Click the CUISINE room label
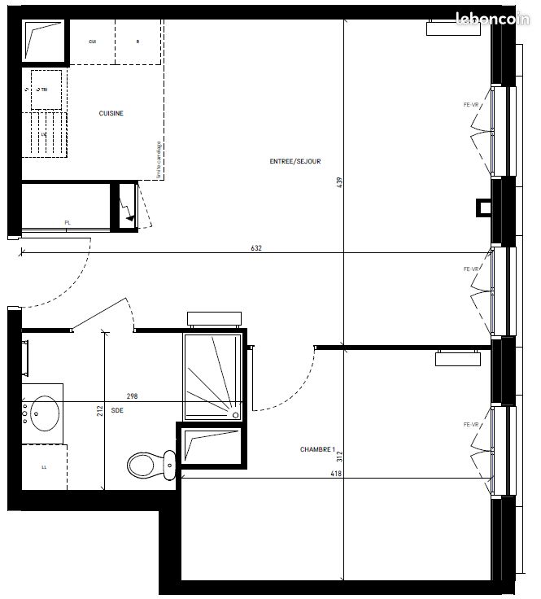tap(111, 114)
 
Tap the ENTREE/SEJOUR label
tap(295, 161)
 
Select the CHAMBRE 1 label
tap(317, 449)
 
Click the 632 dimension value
tap(257, 248)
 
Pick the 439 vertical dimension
tap(340, 183)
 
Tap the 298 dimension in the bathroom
tap(132, 396)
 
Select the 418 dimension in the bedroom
tap(335, 473)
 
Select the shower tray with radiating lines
tap(212, 376)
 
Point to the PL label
tap(68, 222)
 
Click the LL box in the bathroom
tap(43, 468)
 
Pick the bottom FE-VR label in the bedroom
tap(471, 425)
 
